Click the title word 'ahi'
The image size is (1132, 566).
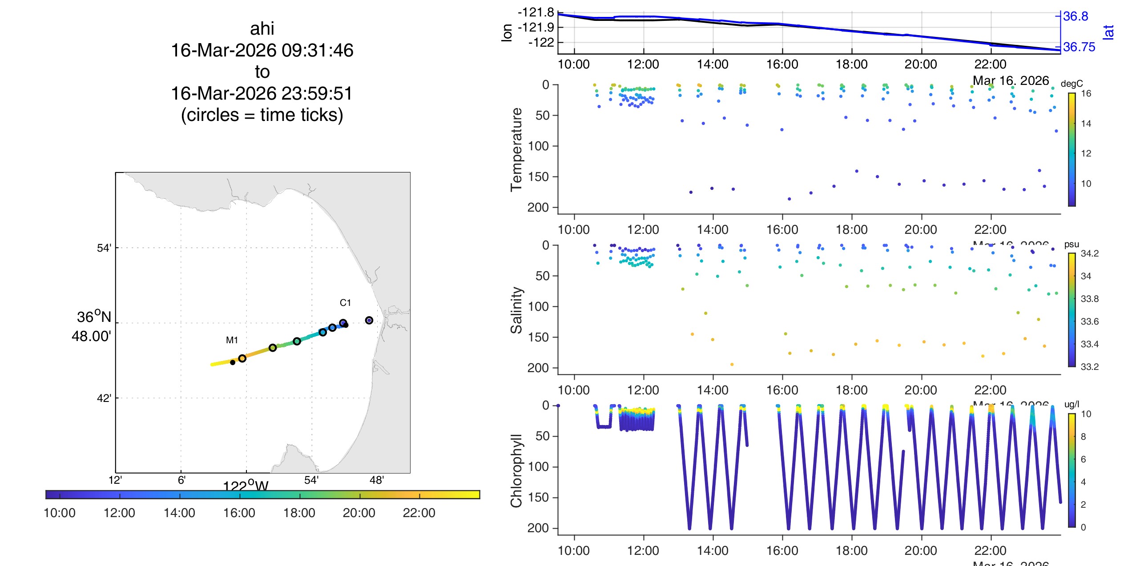pos(262,29)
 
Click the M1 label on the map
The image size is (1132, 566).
pos(232,340)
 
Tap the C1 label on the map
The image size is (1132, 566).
pos(345,303)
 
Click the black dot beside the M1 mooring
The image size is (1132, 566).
pos(233,362)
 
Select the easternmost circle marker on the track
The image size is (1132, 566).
pos(369,320)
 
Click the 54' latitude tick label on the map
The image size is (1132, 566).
pos(104,248)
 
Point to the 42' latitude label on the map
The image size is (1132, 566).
pos(104,398)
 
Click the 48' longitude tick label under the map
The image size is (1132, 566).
pos(376,480)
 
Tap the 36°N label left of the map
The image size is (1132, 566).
pos(93,317)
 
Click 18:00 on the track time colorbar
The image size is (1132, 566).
pos(299,513)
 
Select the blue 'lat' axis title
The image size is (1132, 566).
pos(1108,32)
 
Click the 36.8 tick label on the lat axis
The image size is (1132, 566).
pos(1076,16)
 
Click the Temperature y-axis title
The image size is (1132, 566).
pos(516,149)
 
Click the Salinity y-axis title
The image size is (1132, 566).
pos(516,310)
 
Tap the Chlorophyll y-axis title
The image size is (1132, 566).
pos(516,470)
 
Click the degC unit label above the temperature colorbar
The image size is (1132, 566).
pos(1072,84)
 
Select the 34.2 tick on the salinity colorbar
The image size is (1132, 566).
pos(1089,253)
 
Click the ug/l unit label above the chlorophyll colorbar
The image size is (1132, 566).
pos(1072,404)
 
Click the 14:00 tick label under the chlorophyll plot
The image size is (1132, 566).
pos(713,550)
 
